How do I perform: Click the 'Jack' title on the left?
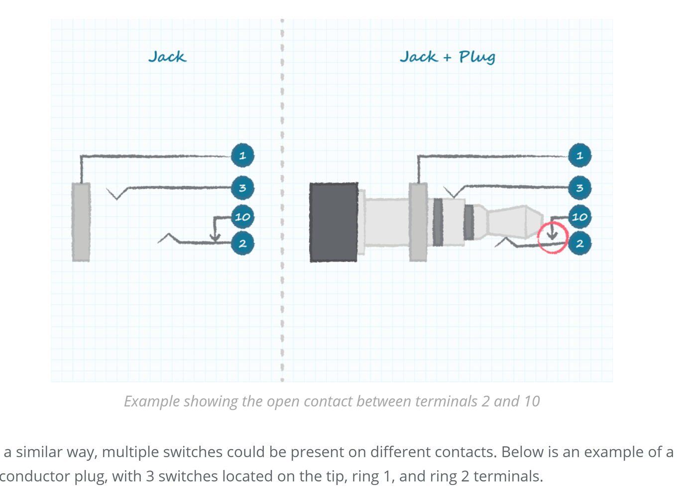point(167,57)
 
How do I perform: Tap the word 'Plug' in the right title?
point(476,57)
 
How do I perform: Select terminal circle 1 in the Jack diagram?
point(242,155)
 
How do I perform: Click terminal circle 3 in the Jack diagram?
point(242,188)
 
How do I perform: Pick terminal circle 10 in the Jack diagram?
point(242,217)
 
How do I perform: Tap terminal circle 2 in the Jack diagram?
point(242,244)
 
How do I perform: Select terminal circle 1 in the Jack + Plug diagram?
point(579,155)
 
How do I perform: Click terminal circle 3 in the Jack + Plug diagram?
point(579,188)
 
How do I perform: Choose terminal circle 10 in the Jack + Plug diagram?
point(579,217)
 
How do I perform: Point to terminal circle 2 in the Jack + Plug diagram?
point(579,244)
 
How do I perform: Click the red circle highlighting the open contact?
point(553,238)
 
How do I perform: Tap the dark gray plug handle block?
point(334,222)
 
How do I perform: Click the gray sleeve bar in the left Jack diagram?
point(81,222)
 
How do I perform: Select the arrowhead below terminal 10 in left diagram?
point(215,237)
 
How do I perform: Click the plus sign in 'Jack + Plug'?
point(447,58)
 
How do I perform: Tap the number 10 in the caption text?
point(532,401)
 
